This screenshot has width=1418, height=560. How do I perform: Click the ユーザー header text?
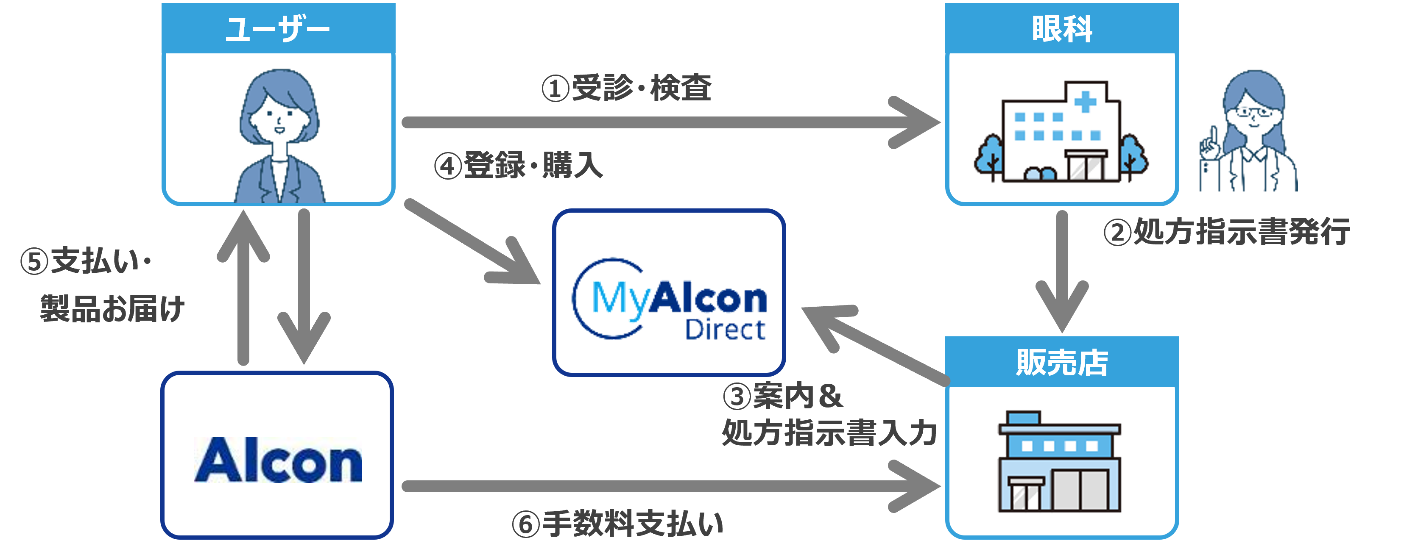click(x=278, y=29)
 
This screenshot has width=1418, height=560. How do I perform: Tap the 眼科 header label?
click(x=1062, y=29)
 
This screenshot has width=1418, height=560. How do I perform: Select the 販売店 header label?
click(x=1062, y=363)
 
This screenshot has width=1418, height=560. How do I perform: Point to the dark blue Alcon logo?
click(x=278, y=460)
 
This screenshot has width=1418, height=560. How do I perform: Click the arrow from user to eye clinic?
click(x=661, y=122)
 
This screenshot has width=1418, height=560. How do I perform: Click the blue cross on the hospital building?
click(x=1085, y=101)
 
